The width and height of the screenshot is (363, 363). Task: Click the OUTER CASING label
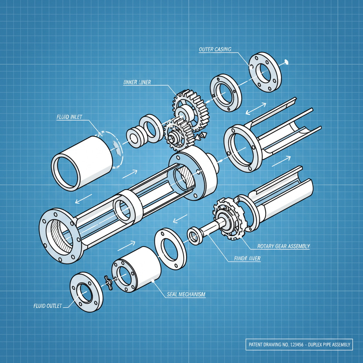215,49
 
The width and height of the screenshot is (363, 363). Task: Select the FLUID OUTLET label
48,306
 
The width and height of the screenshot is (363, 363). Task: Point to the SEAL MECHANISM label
186,294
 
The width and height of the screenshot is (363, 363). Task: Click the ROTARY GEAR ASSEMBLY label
284,246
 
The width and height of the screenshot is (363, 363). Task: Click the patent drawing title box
299,344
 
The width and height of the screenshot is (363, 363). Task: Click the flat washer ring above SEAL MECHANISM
171,248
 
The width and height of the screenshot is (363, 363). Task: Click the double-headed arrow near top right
256,108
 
